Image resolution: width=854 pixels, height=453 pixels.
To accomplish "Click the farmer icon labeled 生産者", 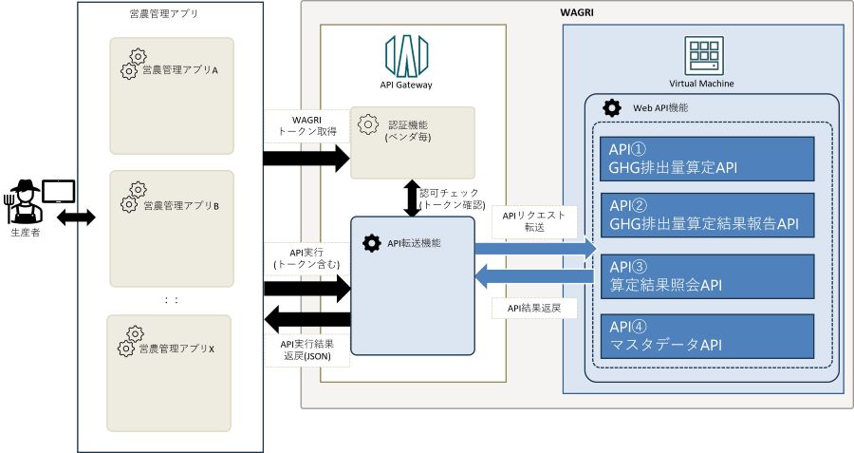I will [x=25, y=202].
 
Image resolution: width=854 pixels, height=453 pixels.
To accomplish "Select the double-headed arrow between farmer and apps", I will [x=77, y=217].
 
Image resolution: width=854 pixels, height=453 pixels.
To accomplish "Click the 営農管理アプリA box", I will [x=171, y=96].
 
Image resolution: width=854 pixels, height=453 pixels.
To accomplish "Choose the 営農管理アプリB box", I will [x=171, y=228].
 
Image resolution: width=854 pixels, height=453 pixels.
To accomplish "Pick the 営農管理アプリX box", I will [x=171, y=373].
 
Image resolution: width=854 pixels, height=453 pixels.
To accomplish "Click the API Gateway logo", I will [x=405, y=56].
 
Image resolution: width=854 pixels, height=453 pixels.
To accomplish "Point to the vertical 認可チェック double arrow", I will [x=411, y=197].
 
